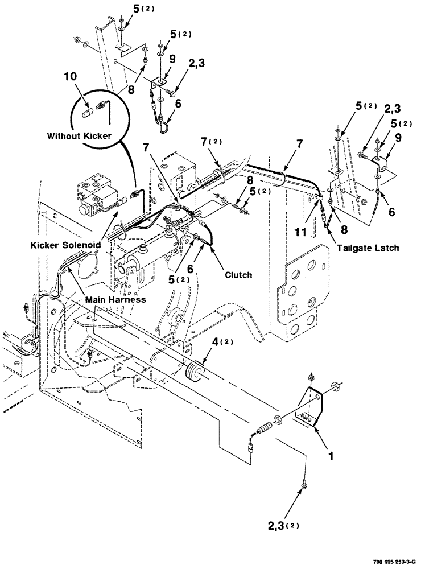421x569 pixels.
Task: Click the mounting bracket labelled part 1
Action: pos(313,405)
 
